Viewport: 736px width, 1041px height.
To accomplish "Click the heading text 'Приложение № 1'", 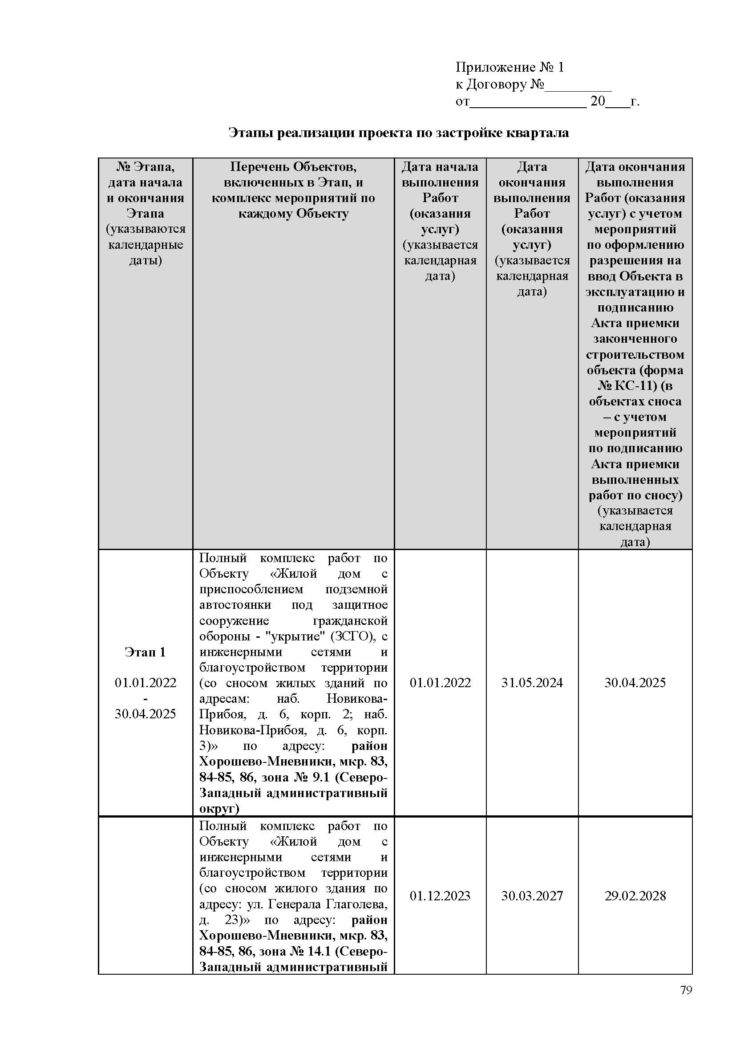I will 510,68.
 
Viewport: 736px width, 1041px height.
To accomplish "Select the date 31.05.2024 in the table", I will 532,683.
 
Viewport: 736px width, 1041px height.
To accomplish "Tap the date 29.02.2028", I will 635,896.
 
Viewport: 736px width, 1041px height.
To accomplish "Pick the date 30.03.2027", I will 532,896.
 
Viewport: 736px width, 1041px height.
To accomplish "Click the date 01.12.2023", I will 440,896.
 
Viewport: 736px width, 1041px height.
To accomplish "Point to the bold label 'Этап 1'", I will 145,652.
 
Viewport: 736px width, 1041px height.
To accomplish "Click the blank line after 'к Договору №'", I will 578,85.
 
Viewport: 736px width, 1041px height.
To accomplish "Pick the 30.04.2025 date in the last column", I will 635,683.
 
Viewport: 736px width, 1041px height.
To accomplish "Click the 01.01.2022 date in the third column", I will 440,683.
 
